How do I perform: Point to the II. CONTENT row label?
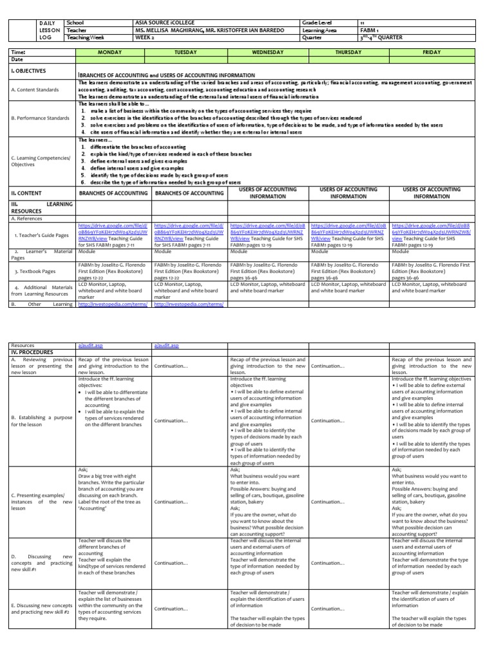click(x=26, y=192)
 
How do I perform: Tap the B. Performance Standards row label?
click(x=40, y=119)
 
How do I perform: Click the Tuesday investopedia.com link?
click(x=188, y=305)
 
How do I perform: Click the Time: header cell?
click(x=19, y=51)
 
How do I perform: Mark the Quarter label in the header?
click(x=311, y=37)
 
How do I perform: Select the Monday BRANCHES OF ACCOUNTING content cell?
click(x=113, y=193)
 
